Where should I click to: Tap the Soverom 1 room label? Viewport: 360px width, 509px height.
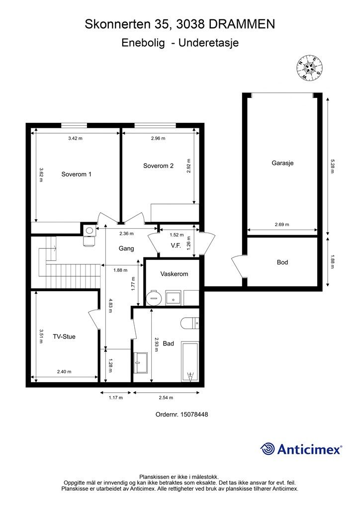coord(76,174)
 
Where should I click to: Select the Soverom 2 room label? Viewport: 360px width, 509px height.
coord(159,166)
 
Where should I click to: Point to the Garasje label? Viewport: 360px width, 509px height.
coord(282,163)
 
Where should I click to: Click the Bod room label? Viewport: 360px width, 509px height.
coord(282,262)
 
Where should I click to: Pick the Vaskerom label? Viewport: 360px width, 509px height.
coord(174,274)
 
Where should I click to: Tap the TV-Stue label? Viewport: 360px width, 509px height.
coord(64,337)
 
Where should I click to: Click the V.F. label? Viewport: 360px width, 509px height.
coord(176,246)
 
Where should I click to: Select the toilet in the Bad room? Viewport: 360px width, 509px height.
coord(189,323)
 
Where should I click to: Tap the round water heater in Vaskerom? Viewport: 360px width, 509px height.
coord(154,298)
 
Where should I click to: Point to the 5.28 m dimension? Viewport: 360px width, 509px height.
coord(332,166)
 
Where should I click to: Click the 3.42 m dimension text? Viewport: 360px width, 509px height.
coord(75,138)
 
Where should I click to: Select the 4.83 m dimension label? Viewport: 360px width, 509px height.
coord(110,306)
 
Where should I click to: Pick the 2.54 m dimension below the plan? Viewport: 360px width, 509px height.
coord(166,398)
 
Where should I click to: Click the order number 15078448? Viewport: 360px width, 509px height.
coord(194,415)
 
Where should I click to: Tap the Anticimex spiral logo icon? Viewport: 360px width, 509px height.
coord(268,449)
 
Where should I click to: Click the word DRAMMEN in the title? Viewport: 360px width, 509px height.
coord(242,24)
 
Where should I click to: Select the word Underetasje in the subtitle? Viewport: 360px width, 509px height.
coord(209,43)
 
